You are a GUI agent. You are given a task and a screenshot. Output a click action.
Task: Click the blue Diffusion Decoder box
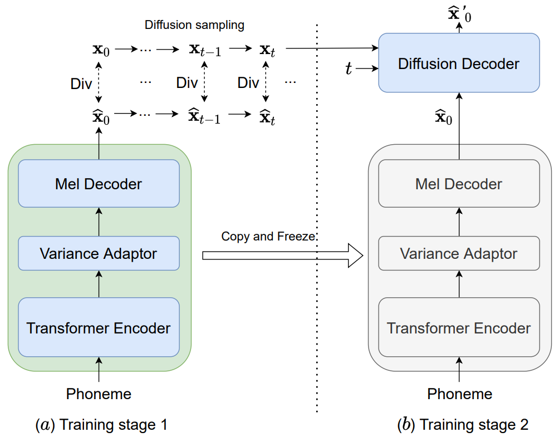459,63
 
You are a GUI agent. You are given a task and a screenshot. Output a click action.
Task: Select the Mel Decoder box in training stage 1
99,183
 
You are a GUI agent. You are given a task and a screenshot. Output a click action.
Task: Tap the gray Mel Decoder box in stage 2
459,183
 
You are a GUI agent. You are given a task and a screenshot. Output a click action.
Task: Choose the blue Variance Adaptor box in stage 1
99,253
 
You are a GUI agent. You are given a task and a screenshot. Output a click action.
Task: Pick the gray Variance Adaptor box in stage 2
459,253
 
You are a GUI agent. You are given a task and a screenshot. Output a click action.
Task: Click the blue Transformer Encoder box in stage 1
99,327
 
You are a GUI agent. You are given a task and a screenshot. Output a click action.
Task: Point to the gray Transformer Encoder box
459,327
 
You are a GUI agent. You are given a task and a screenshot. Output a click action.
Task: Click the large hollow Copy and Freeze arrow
282,255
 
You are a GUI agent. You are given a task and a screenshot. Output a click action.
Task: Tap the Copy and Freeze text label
268,237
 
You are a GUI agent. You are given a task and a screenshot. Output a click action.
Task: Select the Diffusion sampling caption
194,25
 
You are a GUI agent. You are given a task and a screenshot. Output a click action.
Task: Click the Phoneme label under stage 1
99,394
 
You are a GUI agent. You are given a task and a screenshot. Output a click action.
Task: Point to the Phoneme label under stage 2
459,394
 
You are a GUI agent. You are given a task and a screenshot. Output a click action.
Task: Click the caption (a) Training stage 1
101,425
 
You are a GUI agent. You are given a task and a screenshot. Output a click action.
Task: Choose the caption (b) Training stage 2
462,425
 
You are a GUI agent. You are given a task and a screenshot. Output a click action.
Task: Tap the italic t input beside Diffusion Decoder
349,68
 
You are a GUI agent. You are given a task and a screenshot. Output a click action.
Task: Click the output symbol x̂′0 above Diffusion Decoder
459,14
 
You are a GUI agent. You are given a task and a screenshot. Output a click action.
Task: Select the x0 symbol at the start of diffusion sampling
101,50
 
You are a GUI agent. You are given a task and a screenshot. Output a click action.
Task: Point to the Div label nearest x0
81,84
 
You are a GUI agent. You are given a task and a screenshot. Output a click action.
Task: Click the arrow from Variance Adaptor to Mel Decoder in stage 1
99,222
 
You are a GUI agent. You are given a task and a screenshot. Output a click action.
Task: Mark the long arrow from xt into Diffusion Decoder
332,48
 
